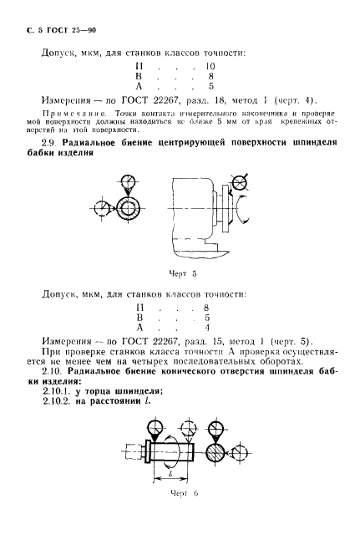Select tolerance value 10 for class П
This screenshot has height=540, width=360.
210,64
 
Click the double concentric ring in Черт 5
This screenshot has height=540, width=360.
130,207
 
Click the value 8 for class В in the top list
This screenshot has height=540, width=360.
210,75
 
